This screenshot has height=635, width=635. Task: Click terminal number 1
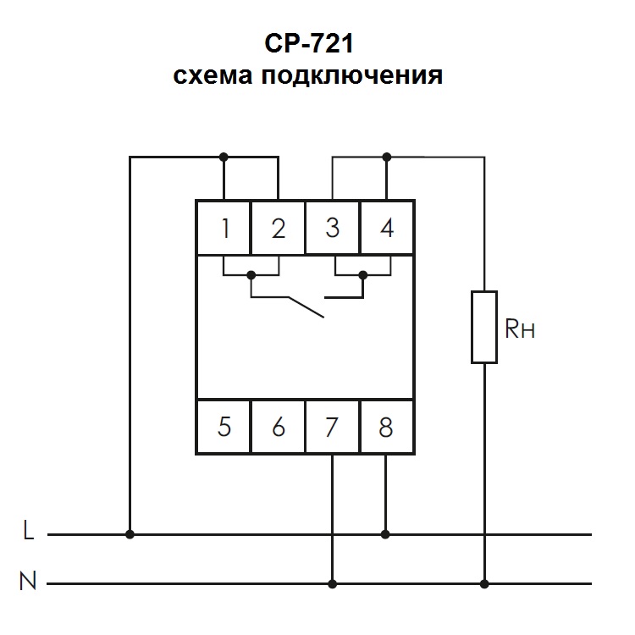(224, 228)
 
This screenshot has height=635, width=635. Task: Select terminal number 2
(278, 228)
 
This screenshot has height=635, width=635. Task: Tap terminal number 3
(333, 228)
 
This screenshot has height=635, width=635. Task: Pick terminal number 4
(387, 228)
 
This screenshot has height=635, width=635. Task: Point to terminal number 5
(224, 427)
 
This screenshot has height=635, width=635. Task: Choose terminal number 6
(278, 427)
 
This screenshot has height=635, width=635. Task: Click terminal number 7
(333, 427)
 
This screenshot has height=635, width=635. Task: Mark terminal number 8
(387, 427)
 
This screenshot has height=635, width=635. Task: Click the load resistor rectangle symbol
(484, 327)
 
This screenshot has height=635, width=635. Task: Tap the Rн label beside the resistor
(520, 329)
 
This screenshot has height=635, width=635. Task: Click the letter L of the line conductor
(29, 533)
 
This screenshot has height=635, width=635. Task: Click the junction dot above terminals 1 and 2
(224, 157)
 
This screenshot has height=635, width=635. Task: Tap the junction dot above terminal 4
(387, 157)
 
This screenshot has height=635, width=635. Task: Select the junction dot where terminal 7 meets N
(333, 583)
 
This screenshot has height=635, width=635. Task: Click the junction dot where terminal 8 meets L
(387, 534)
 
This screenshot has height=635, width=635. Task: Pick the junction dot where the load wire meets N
(484, 583)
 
